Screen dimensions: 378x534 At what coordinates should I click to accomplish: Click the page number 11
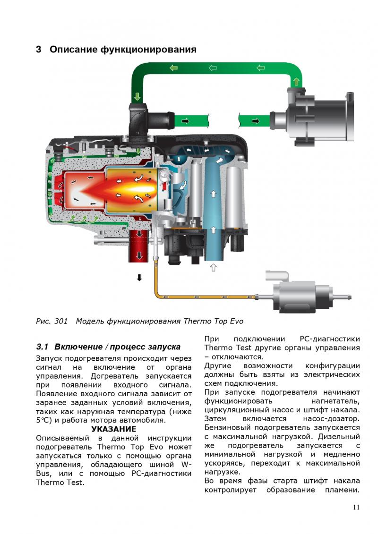[356, 507]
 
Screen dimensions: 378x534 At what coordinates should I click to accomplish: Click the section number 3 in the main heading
[39, 50]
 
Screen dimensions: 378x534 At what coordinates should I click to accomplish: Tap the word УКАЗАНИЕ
[113, 429]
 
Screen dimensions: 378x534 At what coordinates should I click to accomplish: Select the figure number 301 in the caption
[60, 321]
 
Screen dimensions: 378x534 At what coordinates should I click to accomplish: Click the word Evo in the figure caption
[236, 321]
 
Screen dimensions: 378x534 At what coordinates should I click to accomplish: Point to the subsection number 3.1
[42, 347]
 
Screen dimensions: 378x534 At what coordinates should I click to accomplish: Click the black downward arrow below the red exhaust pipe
[139, 278]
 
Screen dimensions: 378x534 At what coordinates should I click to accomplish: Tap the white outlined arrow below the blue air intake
[214, 267]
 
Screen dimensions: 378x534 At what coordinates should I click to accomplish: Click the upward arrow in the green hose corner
[296, 82]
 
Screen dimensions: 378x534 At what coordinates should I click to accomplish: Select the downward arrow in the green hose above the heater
[137, 96]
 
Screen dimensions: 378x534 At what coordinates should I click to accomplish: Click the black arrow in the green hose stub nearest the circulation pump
[255, 121]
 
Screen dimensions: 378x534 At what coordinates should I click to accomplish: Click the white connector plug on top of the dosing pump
[277, 276]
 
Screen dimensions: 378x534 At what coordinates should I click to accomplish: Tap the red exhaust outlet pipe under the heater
[138, 246]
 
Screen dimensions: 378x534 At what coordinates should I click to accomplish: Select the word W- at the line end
[186, 465]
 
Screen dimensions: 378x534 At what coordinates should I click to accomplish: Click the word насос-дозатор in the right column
[331, 419]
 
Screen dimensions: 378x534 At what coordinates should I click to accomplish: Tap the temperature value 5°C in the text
[43, 420]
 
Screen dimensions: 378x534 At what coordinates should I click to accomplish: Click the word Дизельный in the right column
[339, 437]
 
